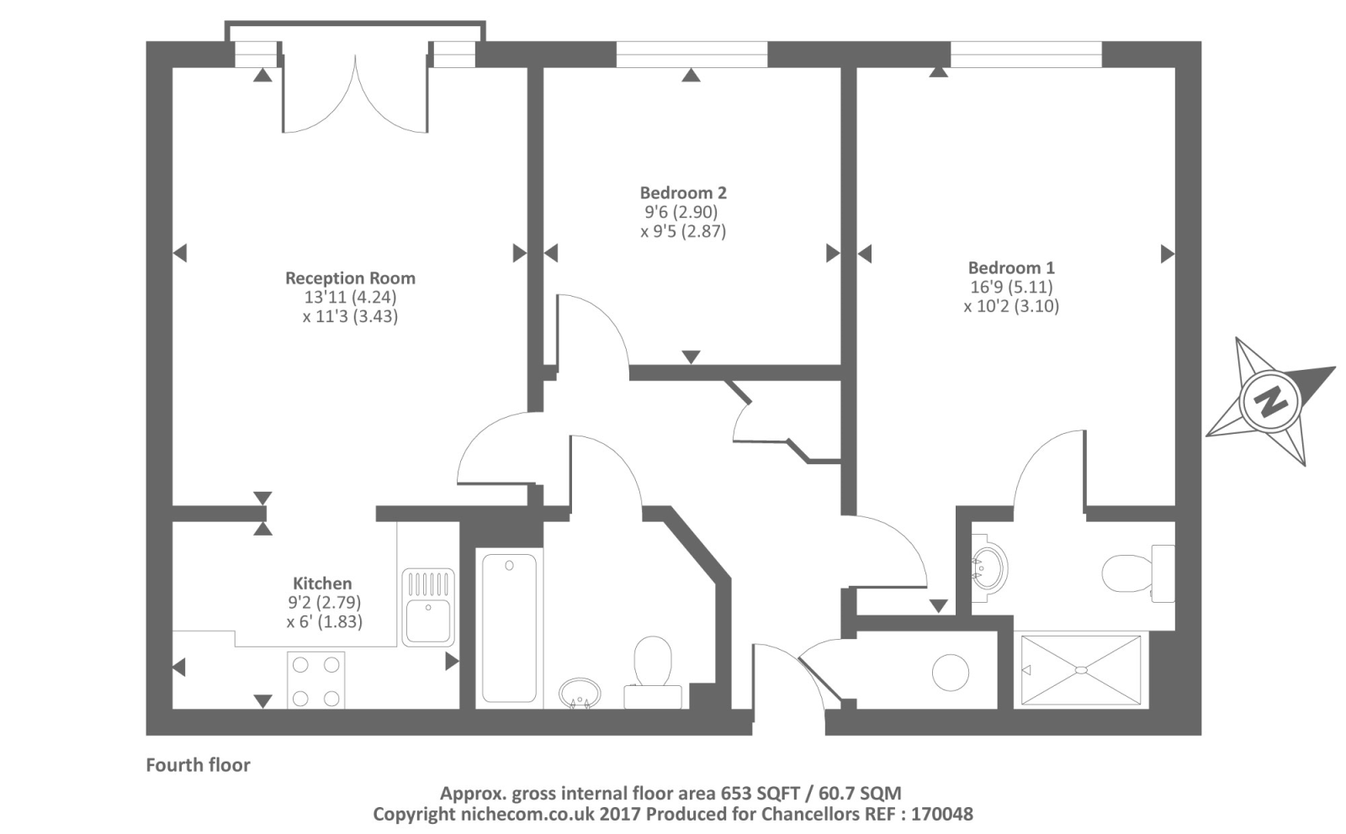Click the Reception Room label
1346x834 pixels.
click(x=350, y=277)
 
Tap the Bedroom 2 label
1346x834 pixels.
click(x=682, y=193)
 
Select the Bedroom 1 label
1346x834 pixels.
click(x=1010, y=267)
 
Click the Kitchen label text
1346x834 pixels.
click(x=322, y=583)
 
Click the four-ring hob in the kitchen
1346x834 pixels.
click(x=315, y=680)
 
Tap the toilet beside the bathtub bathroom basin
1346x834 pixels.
click(x=653, y=668)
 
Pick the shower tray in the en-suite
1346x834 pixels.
click(x=1081, y=670)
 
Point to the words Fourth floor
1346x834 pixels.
click(x=198, y=764)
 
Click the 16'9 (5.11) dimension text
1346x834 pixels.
click(x=1011, y=287)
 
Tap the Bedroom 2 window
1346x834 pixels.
click(x=692, y=55)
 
